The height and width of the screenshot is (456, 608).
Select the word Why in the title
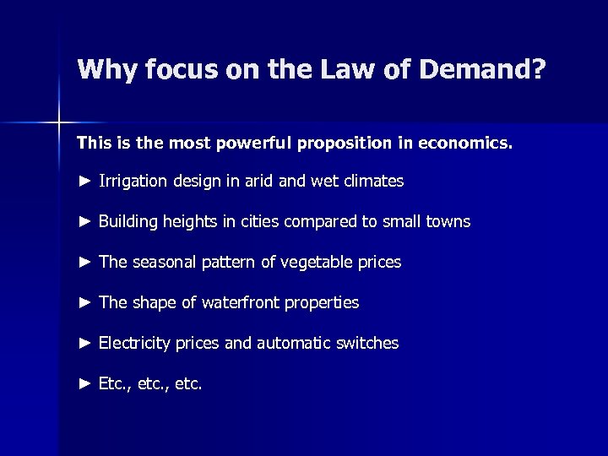pyautogui.click(x=106, y=70)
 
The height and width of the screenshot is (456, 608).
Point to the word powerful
pyautogui.click(x=252, y=144)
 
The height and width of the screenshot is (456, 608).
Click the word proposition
pyautogui.click(x=343, y=144)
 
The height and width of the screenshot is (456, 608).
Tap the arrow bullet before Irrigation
pyautogui.click(x=84, y=181)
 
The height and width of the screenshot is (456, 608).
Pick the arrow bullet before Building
pyautogui.click(x=84, y=221)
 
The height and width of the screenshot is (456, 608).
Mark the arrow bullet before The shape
pyautogui.click(x=84, y=302)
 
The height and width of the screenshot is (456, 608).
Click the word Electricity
pyautogui.click(x=134, y=343)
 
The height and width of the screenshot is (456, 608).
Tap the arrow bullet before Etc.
pyautogui.click(x=84, y=383)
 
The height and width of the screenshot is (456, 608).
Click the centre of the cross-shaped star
pyautogui.click(x=59, y=123)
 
